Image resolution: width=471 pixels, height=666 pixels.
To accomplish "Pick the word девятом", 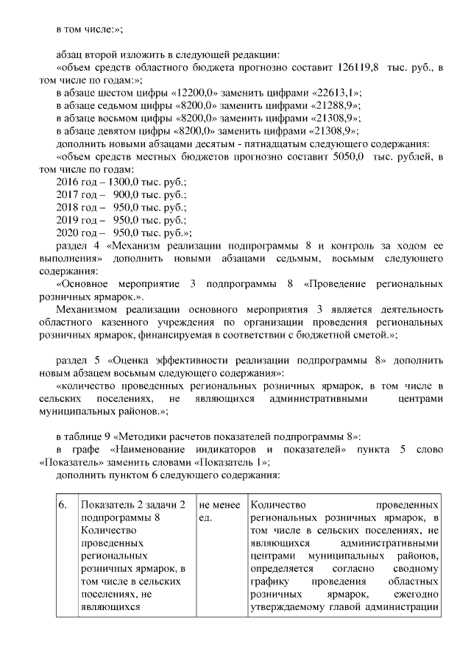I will pos(113,130).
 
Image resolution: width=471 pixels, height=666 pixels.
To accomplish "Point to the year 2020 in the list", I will pos(68,233).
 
